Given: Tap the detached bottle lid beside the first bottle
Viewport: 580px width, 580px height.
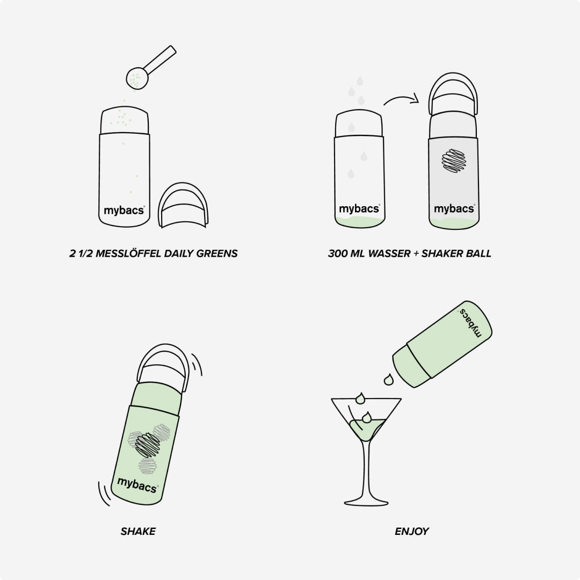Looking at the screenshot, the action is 183,205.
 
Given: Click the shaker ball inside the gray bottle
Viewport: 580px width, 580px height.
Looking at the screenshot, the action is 454,161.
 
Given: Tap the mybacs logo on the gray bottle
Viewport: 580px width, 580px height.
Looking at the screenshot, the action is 454,209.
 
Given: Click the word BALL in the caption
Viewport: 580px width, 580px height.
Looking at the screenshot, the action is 479,253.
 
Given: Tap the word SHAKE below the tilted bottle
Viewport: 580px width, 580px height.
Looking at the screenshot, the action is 138,531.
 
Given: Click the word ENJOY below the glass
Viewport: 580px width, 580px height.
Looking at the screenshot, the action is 411,531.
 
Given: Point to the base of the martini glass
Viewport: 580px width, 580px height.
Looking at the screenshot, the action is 366,502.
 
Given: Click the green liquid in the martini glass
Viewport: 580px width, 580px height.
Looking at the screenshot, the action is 366,429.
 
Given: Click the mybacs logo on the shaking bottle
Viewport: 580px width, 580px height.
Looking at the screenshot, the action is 137,484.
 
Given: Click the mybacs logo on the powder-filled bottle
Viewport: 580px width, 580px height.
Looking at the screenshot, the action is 124,211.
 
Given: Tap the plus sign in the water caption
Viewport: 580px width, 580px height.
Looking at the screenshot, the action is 416,253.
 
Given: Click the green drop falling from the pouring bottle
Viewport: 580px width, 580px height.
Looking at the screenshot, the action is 388,380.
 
